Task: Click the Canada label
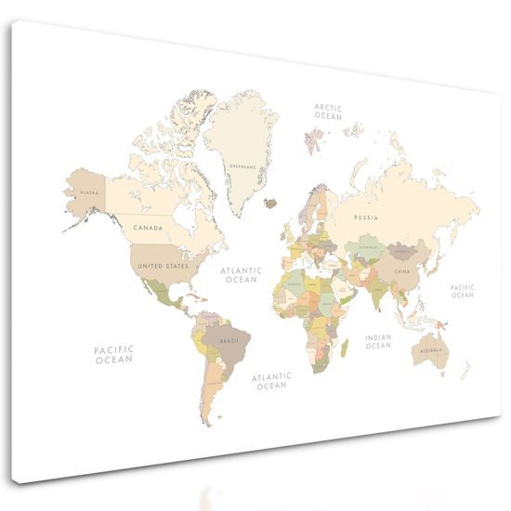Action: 149,227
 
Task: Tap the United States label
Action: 164,266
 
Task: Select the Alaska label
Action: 90,192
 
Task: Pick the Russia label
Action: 366,216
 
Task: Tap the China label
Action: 401,271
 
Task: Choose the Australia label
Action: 430,351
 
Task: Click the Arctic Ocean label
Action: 328,112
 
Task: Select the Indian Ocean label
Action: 378,342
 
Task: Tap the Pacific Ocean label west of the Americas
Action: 113,354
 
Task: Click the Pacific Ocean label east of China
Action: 463,291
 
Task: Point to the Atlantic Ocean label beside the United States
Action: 242,275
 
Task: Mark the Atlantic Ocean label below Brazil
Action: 272,380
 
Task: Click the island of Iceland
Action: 270,203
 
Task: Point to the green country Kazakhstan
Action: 362,249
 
